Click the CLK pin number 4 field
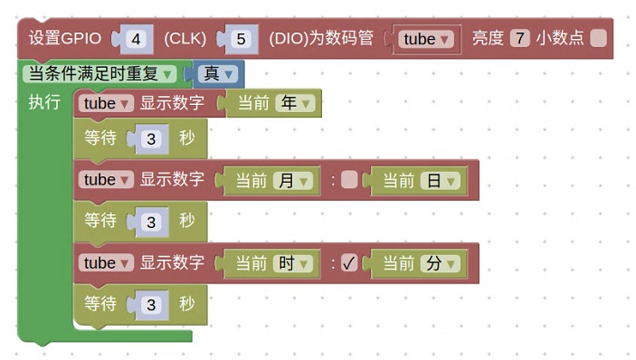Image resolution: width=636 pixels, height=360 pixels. click(137, 39)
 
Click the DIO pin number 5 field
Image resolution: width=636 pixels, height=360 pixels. click(240, 39)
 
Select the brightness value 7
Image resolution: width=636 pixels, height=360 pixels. click(518, 39)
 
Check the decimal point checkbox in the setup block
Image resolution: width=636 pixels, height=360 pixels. click(598, 39)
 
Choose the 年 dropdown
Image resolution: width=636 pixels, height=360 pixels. click(295, 103)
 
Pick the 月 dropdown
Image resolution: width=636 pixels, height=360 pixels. click(294, 180)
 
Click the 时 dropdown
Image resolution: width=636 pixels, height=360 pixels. click(294, 263)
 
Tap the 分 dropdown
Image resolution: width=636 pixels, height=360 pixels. click(441, 263)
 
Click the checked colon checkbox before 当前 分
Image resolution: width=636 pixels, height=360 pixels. click(349, 263)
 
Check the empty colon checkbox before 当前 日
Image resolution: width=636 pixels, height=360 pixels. click(349, 180)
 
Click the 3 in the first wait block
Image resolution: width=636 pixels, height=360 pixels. click(151, 139)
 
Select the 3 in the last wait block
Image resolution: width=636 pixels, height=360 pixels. click(151, 305)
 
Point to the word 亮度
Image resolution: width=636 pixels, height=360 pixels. click(487, 39)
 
